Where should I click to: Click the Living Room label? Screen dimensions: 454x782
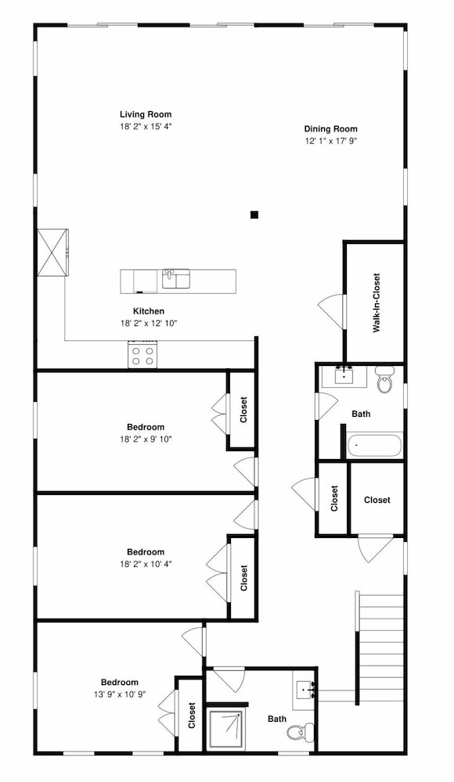click(146, 114)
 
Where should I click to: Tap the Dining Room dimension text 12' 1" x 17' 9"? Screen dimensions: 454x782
click(330, 141)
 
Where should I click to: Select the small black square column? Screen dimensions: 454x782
click(254, 215)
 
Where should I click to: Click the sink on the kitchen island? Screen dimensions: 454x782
click(176, 278)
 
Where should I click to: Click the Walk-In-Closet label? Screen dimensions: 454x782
click(377, 303)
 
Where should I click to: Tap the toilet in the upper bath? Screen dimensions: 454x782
click(384, 380)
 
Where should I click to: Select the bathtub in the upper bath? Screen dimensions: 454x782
click(375, 446)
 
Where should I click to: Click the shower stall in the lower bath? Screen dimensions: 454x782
click(226, 729)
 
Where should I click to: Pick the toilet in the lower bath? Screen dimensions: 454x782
click(300, 731)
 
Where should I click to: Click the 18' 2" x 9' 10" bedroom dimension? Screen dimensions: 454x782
click(146, 439)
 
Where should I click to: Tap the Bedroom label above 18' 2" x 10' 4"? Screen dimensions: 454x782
click(146, 552)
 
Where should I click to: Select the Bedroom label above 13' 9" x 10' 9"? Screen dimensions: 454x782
click(119, 682)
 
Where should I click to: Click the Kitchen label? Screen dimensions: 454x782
click(149, 311)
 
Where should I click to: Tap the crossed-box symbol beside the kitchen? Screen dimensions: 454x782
click(52, 252)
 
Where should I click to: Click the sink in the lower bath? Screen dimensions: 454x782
click(304, 691)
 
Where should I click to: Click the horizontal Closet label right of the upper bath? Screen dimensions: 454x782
click(377, 500)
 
